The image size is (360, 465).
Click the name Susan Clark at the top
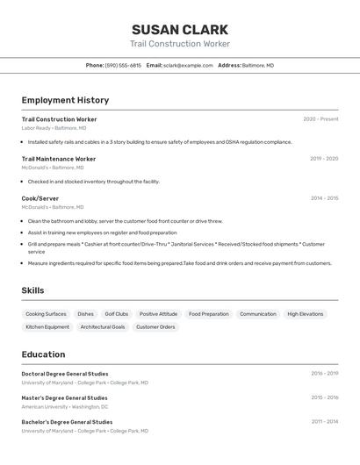[180, 30]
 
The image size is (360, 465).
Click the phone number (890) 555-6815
[123, 65]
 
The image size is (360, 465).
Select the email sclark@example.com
[188, 65]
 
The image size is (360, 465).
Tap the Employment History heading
[65, 100]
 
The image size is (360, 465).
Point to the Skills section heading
[32, 290]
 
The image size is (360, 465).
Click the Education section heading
[43, 354]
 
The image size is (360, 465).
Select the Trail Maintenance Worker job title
[59, 159]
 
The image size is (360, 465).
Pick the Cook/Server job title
[40, 198]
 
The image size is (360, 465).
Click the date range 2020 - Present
[320, 119]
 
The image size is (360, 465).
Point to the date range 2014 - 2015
[324, 198]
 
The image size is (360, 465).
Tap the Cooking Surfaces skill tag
[46, 314]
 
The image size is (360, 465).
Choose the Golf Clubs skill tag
[117, 314]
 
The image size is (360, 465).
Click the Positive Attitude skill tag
[158, 314]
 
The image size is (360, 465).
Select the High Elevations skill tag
[306, 314]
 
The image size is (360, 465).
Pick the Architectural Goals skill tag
[103, 327]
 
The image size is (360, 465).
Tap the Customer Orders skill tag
[155, 327]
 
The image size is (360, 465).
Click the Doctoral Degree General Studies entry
[65, 374]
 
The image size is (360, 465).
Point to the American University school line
[65, 407]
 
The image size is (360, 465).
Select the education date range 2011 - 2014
[324, 422]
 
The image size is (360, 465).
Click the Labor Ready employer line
[54, 128]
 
